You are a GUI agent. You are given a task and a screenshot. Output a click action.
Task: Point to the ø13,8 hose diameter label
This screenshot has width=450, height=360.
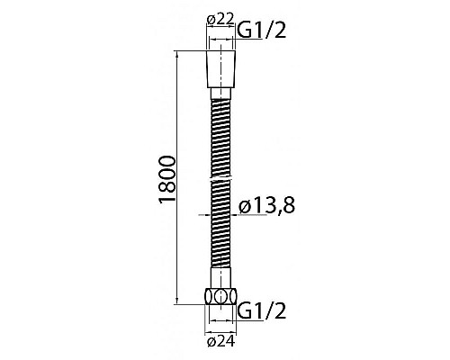pos(267,207)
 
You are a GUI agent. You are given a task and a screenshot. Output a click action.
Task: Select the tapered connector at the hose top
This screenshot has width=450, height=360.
pos(220,68)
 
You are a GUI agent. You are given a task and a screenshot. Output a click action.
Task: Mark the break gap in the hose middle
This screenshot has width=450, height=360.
pos(220,181)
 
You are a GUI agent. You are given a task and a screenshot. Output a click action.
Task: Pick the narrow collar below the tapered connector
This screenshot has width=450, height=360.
pos(220,92)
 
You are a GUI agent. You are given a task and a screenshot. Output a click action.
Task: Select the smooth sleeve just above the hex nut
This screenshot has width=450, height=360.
pos(220,277)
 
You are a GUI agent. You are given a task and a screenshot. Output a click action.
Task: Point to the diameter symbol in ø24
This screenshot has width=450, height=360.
pos(211,341)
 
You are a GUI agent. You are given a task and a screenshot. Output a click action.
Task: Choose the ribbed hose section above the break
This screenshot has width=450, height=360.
pos(220,135)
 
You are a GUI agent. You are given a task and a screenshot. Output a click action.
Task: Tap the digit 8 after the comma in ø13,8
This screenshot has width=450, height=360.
pos(289,207)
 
